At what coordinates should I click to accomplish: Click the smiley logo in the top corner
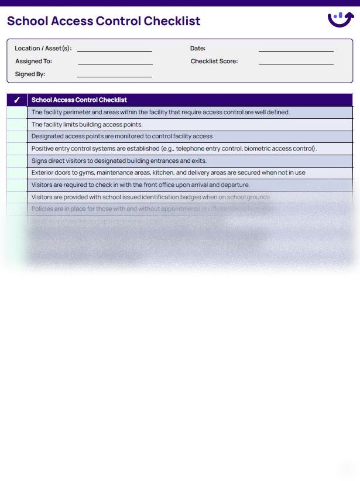tap(340, 20)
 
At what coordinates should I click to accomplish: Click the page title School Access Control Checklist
tap(104, 22)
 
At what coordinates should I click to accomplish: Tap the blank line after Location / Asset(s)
tap(115, 50)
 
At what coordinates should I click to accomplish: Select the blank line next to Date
tap(296, 50)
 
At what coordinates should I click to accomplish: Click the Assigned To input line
tap(115, 62)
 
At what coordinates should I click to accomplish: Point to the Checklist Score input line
tap(296, 62)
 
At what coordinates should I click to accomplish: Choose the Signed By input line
tap(115, 75)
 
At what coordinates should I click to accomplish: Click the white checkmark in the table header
tap(17, 100)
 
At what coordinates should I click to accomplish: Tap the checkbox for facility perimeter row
tap(17, 112)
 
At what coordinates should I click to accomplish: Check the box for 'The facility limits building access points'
tap(17, 125)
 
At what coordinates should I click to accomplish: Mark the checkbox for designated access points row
tap(17, 137)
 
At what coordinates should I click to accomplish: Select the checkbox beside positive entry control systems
tap(17, 149)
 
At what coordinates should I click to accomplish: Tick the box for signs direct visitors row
tap(17, 161)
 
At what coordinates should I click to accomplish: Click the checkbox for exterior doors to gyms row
tap(17, 173)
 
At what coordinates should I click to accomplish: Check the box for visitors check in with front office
tap(17, 185)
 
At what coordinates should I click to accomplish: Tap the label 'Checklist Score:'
tap(214, 62)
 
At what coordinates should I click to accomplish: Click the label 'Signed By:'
tap(30, 74)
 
